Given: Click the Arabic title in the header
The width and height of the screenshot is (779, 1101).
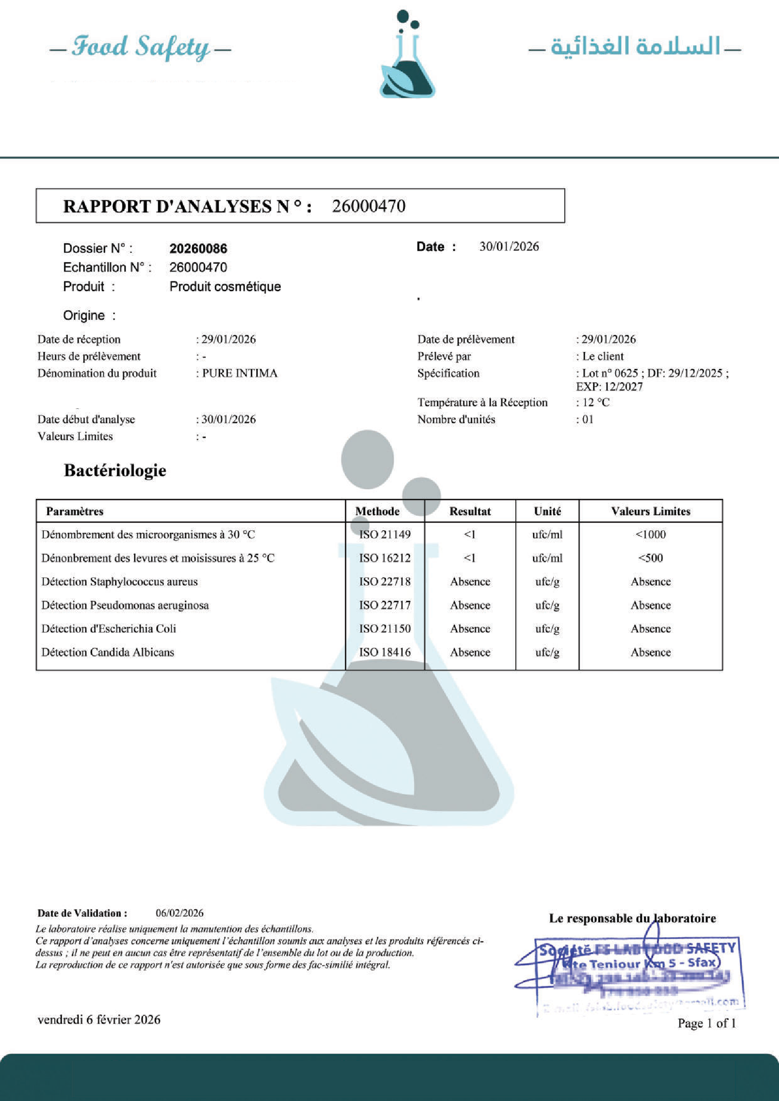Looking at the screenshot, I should pos(635,47).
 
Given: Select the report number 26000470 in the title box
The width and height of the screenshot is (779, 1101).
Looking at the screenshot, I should pos(368,206).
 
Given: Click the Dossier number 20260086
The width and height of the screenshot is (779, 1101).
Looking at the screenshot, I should pos(198,248).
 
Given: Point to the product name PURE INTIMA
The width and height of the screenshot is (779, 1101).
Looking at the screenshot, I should pos(239,373).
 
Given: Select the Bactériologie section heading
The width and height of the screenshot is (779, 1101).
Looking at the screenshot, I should pos(115,470).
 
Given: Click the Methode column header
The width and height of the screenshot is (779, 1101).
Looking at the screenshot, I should pos(377,511).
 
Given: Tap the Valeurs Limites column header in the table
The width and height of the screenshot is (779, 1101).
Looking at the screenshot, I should pos(650,511).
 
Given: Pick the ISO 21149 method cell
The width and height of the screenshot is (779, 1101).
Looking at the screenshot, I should pos(385,534).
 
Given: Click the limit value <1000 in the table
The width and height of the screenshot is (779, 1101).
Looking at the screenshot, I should pos(650,534).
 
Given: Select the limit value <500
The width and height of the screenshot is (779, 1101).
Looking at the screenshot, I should pos(650,558).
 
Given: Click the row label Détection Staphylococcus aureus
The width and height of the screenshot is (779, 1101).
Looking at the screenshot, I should pos(120,582).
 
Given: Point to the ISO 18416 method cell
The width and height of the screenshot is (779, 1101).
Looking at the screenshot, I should pos(385,652).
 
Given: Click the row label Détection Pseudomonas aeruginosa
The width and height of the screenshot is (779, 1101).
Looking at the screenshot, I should pos(125,605).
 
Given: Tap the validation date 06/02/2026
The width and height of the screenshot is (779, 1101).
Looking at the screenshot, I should pos(179,913).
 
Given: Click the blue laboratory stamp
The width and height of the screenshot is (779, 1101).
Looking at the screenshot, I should pos(633,973).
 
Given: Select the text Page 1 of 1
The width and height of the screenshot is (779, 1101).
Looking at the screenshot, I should pos(706,1023).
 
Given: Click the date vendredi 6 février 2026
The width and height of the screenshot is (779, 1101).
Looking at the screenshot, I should pos(99,1020).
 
